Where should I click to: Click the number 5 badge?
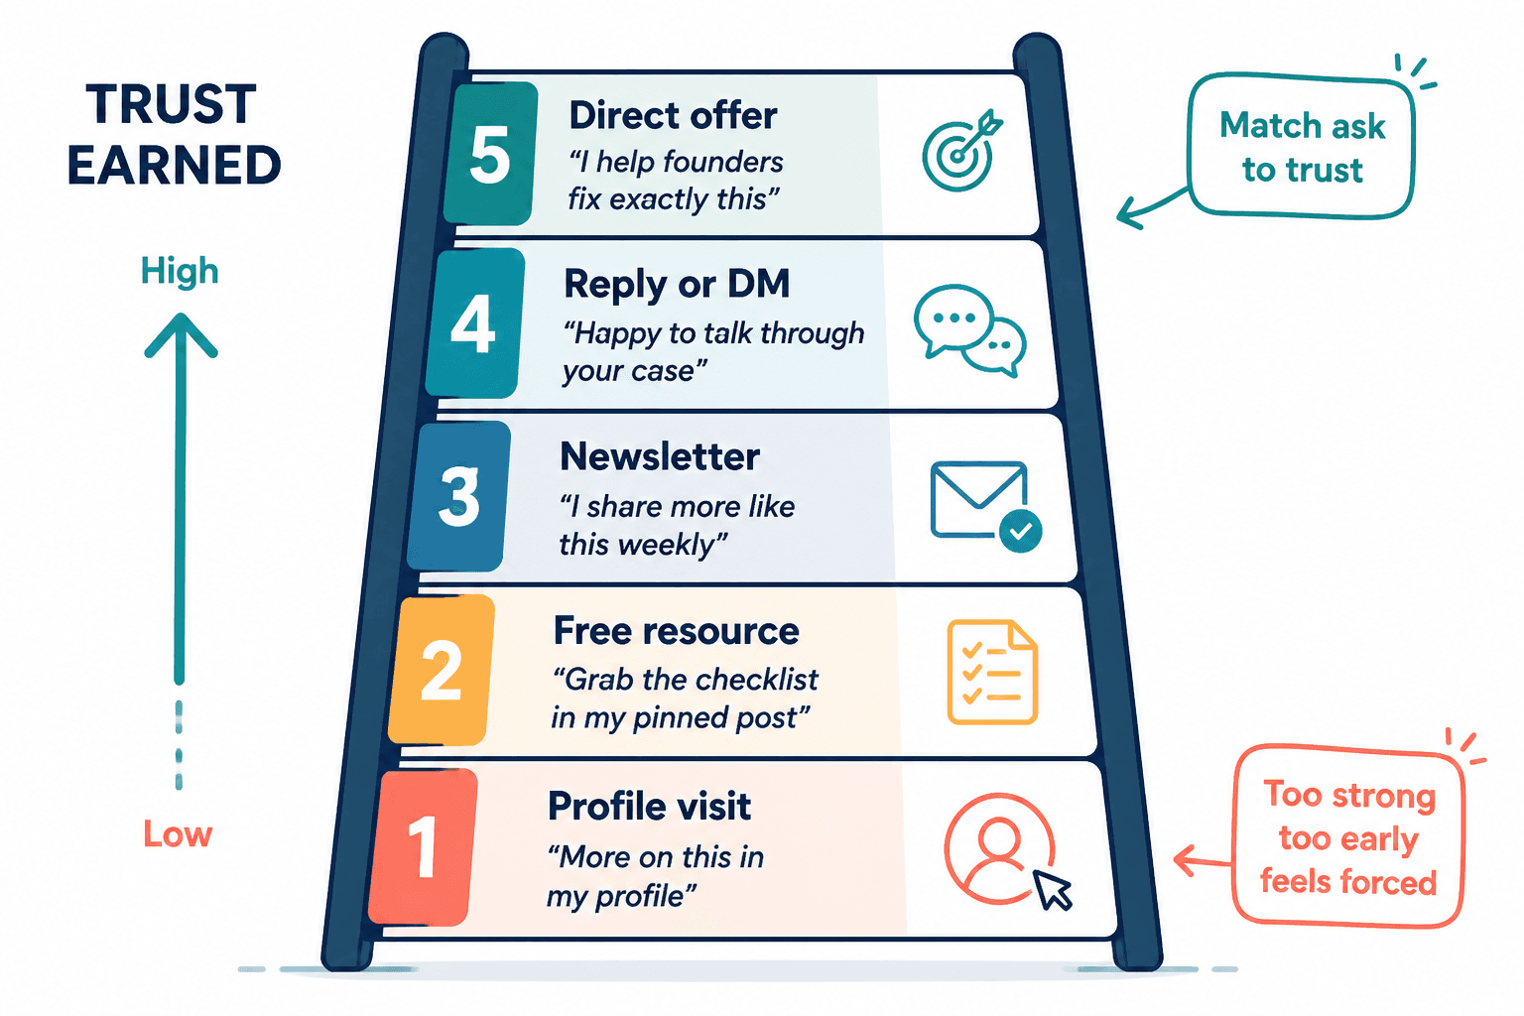point(490,153)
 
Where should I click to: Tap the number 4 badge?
point(475,322)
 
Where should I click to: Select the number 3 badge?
point(459,496)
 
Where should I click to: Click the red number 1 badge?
point(424,847)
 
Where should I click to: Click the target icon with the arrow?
point(961,151)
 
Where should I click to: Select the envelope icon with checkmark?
point(985,507)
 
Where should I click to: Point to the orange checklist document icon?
point(992,672)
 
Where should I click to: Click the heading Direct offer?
point(673,116)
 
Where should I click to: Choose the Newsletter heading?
point(660,456)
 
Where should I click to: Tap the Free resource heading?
point(677,631)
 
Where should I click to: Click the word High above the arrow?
point(180,272)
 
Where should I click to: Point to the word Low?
point(178,833)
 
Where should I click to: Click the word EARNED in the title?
point(175,166)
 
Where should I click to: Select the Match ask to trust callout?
point(1301,146)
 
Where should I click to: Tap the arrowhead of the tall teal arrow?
point(181,334)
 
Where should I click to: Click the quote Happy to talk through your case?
point(713,352)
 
